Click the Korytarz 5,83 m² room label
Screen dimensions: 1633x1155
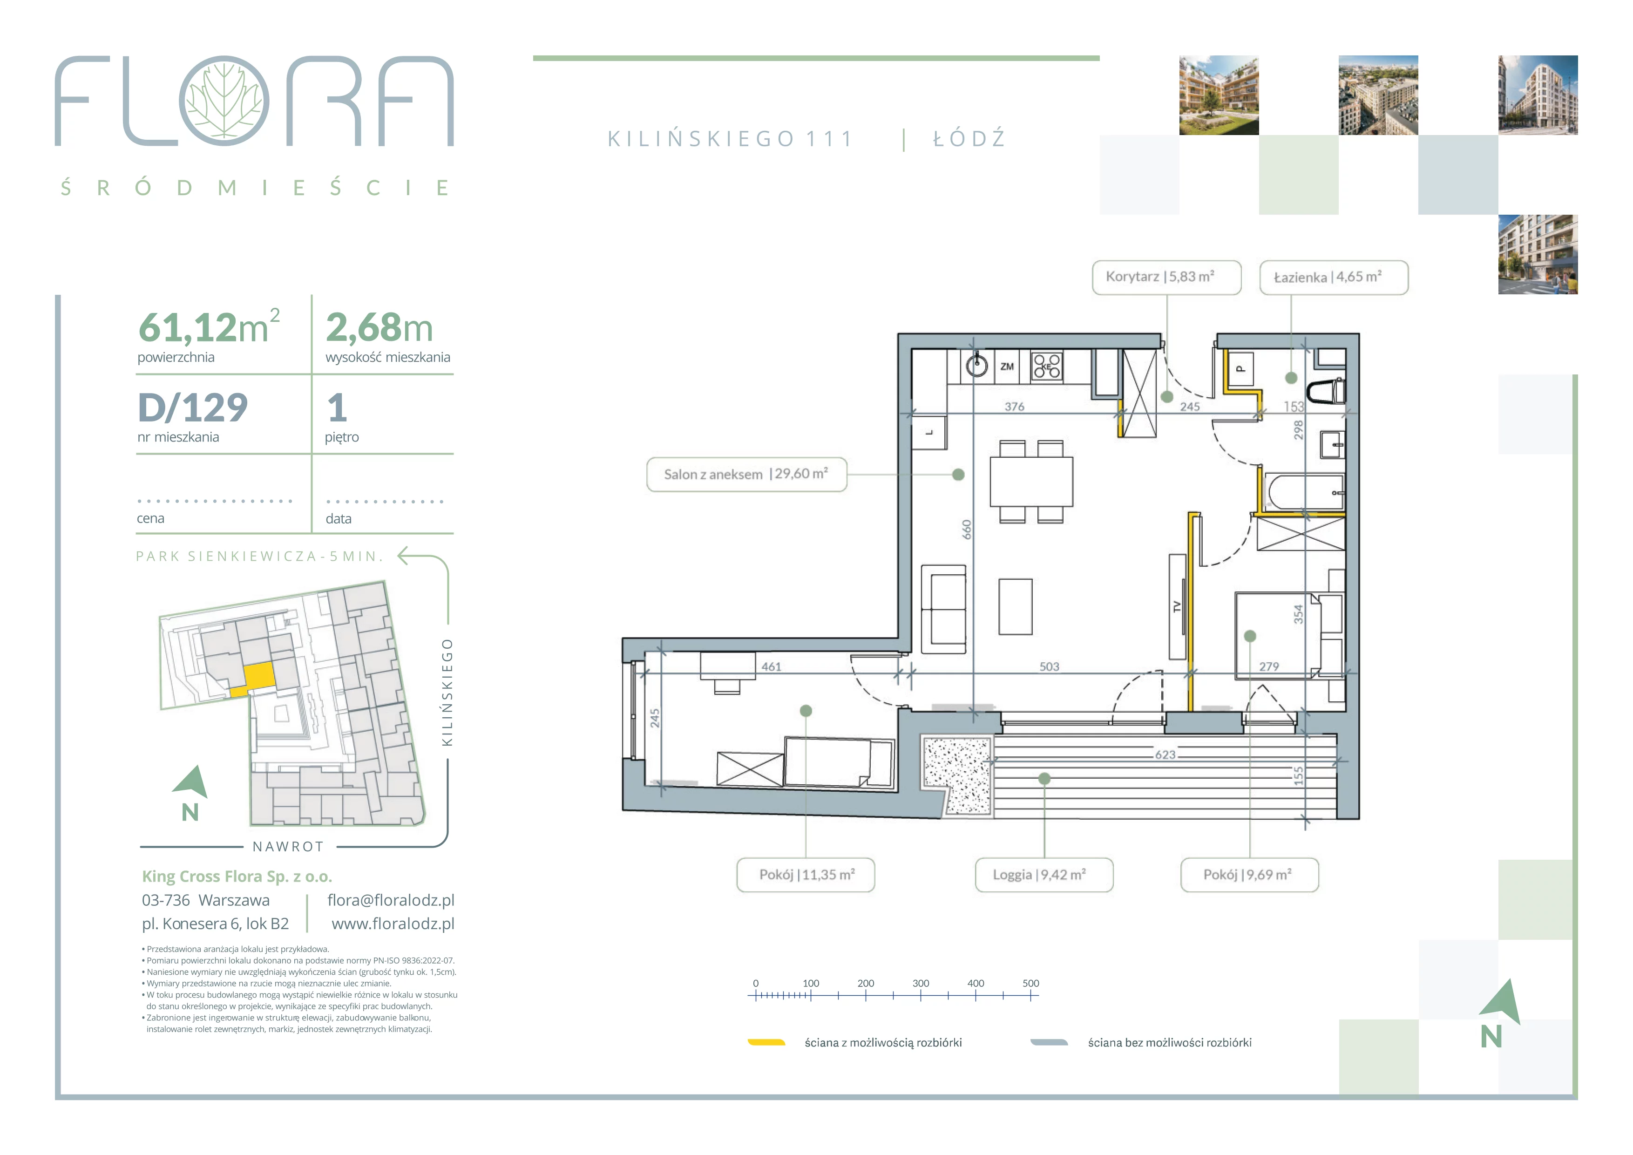point(1166,278)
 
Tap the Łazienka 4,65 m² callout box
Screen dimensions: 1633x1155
point(1334,278)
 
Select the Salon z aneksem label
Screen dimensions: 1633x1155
point(747,475)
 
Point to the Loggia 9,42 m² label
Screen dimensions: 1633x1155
point(1043,875)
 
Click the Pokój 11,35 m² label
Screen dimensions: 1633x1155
point(806,875)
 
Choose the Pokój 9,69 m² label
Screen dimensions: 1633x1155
point(1250,875)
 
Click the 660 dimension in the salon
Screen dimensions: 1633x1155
point(967,530)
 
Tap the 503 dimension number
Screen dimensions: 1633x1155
point(1049,666)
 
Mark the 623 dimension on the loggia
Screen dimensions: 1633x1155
point(1165,754)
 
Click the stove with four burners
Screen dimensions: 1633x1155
point(1047,366)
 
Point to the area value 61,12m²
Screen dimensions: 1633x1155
point(209,326)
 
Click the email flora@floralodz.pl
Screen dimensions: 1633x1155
point(391,900)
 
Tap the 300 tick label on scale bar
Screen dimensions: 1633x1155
point(921,984)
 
